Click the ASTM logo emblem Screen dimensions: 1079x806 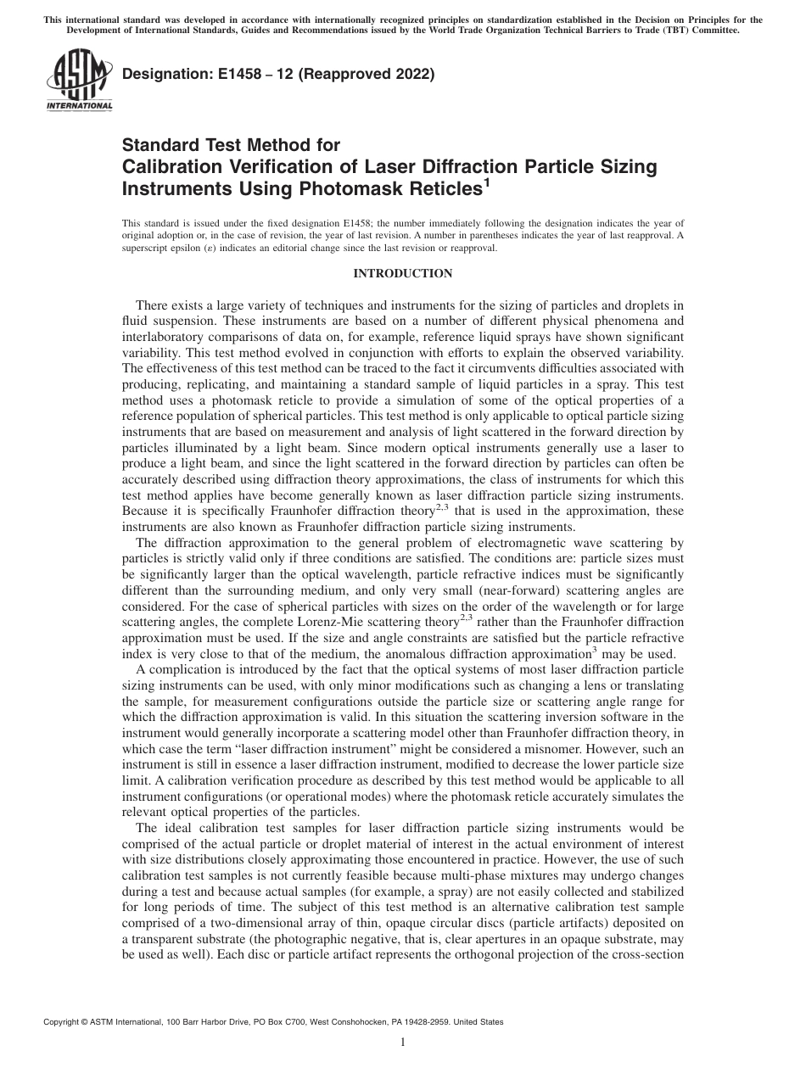(x=79, y=78)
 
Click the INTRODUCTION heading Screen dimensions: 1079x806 (x=402, y=273)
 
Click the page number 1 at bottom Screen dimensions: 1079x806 (x=403, y=1043)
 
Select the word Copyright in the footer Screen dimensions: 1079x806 (x=64, y=1023)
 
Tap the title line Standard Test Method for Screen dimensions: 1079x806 (x=231, y=146)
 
